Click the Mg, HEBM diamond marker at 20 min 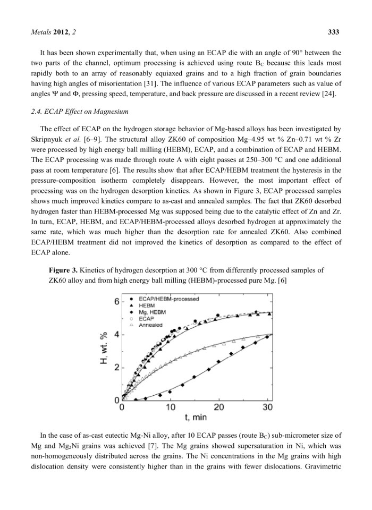pos(219,361)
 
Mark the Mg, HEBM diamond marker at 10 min pos(170,392)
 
